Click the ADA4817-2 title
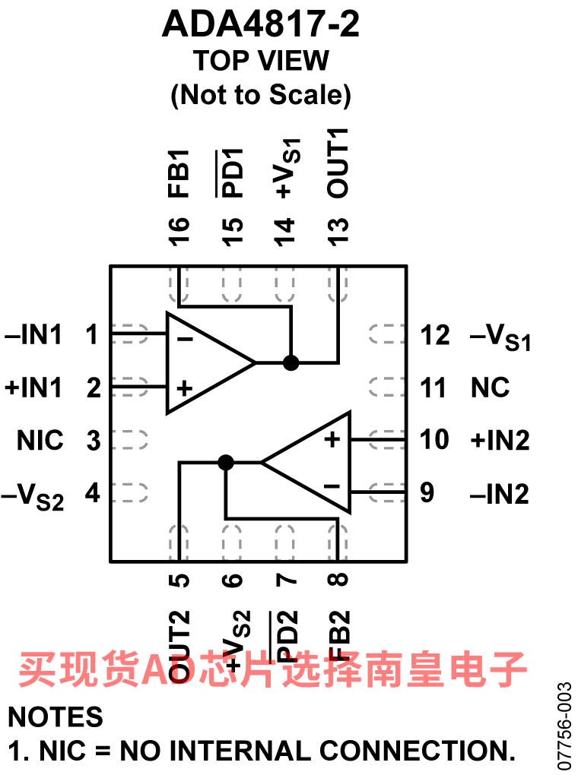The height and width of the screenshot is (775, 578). click(x=261, y=24)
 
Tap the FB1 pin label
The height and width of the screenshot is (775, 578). click(x=179, y=173)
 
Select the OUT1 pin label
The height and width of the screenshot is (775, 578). click(x=338, y=163)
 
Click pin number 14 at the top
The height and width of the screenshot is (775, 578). click(x=284, y=231)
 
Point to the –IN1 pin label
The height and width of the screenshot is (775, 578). click(x=33, y=334)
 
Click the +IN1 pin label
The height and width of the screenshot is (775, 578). click(x=33, y=387)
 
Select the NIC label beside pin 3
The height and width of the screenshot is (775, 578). click(x=40, y=440)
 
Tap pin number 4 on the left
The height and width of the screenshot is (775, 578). click(x=93, y=493)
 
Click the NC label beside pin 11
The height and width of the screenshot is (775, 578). click(x=490, y=387)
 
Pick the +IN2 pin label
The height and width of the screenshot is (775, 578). click(x=500, y=440)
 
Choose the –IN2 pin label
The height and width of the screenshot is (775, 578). click(x=500, y=494)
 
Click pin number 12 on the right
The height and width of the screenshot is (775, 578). click(x=436, y=335)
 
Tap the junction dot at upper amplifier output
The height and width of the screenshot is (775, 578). click(x=291, y=362)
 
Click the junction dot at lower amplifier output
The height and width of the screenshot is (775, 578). click(x=226, y=463)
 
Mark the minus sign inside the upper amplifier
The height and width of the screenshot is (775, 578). click(x=185, y=339)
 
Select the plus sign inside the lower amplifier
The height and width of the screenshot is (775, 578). click(x=332, y=439)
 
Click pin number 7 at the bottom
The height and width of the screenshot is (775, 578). click(x=284, y=579)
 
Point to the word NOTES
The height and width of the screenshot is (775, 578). click(x=56, y=716)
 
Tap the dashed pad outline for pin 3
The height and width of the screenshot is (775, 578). click(x=130, y=439)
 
